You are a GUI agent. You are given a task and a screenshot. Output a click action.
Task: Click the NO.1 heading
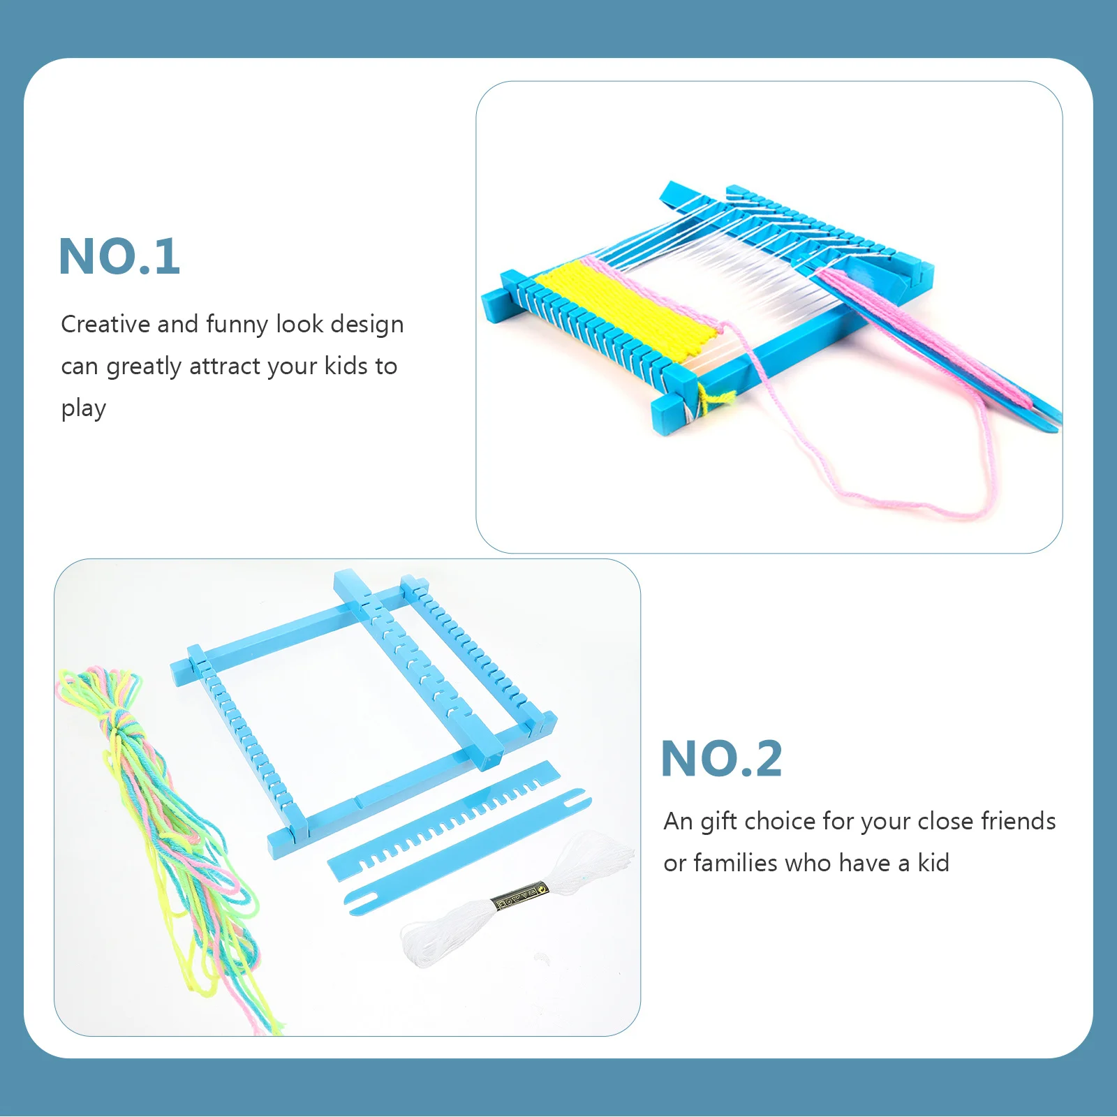(119, 257)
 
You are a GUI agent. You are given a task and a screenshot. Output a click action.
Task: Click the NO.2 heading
(721, 759)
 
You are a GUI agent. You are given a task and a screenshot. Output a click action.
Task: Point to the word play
(84, 409)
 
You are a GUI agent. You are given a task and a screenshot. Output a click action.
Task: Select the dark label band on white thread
(520, 898)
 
